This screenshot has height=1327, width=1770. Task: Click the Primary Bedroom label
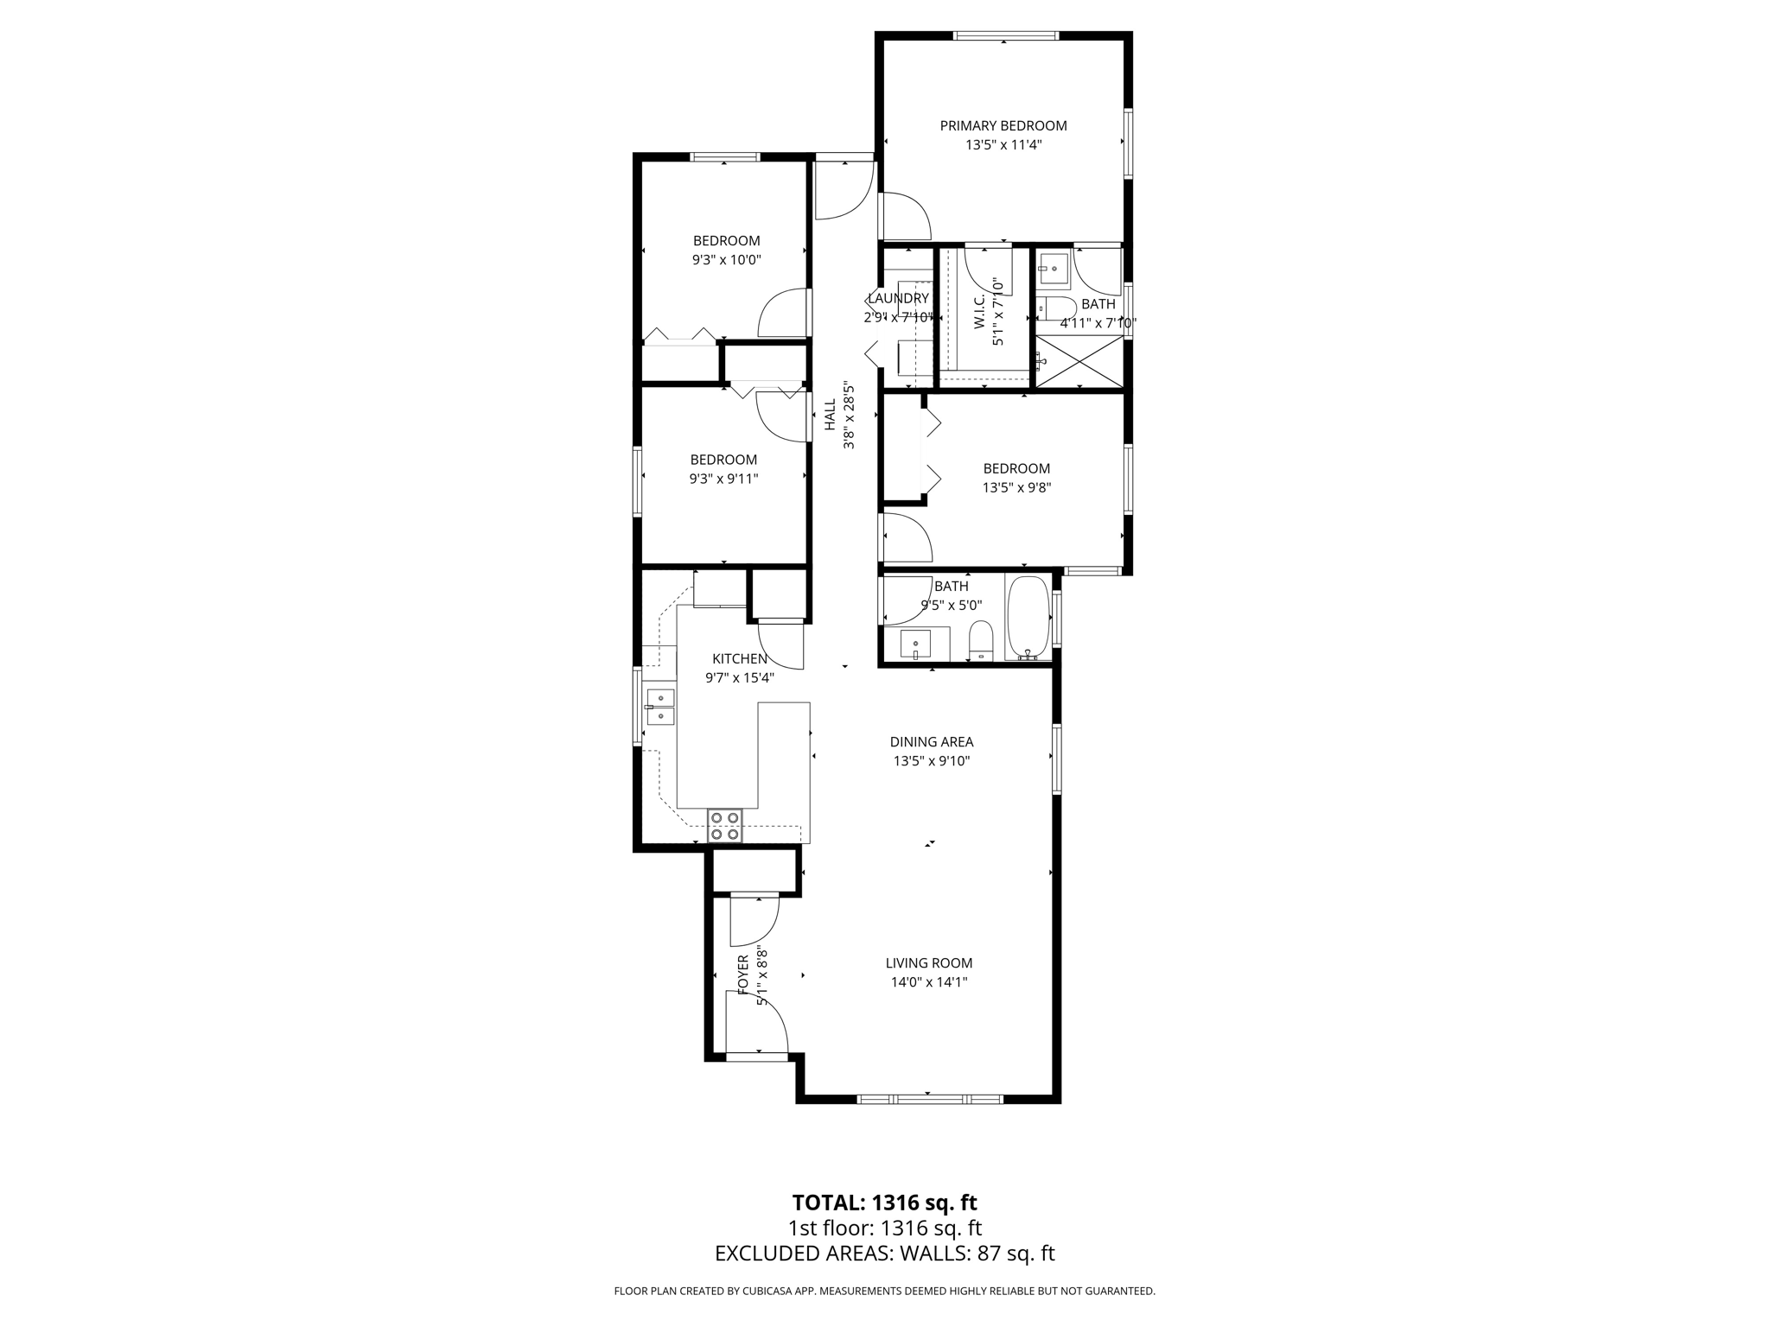(1003, 126)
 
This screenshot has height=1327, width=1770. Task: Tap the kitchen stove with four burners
(724, 825)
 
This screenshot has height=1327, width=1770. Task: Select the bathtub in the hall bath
(1028, 618)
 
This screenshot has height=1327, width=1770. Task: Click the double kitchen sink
(660, 706)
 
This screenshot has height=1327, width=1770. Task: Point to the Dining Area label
(932, 742)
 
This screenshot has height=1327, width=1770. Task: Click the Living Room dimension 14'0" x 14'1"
(929, 981)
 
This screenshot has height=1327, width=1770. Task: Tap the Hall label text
(830, 415)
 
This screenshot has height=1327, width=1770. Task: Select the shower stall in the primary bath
(1079, 362)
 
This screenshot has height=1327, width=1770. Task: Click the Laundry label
(898, 299)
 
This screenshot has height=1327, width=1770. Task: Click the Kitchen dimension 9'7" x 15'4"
(740, 678)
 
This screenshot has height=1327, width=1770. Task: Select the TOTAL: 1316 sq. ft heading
(884, 1203)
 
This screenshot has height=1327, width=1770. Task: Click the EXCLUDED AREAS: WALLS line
(884, 1254)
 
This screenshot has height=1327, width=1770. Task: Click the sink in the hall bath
(916, 644)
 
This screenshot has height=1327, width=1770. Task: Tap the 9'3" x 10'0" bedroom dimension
(727, 259)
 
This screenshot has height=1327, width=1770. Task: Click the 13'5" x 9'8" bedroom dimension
(1016, 487)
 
